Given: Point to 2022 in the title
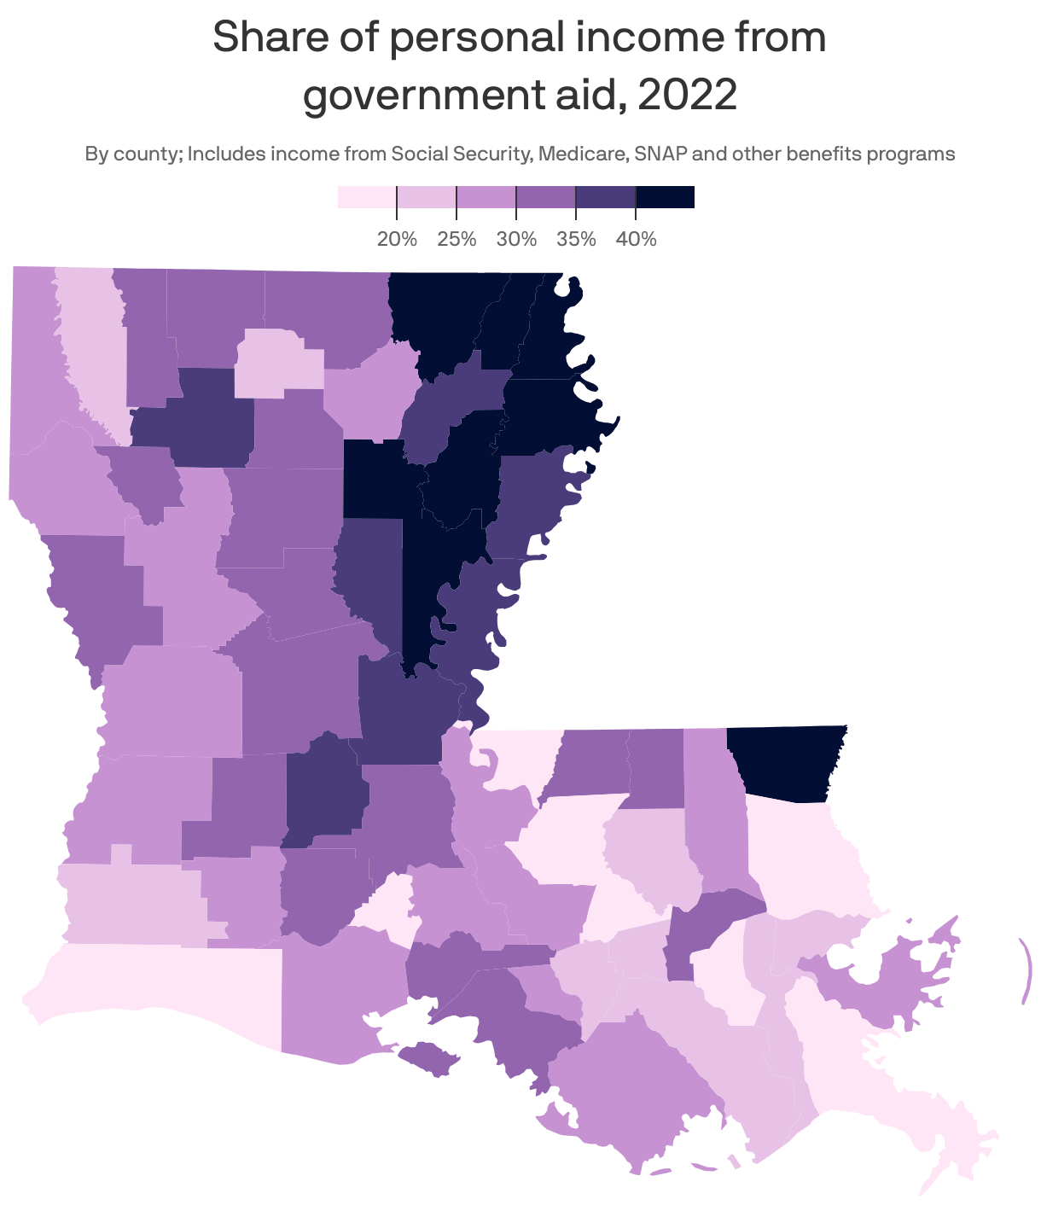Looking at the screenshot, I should click(687, 96).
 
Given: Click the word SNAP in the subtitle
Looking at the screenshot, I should click(661, 154).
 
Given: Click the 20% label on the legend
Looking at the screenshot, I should click(397, 239).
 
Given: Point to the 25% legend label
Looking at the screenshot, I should click(457, 239).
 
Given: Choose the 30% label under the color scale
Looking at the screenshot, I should click(516, 239).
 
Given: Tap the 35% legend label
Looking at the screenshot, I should click(576, 239).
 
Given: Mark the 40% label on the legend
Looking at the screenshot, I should click(636, 239).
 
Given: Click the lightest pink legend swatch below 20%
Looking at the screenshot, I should click(367, 197).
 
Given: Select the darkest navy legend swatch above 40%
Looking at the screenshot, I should click(666, 197).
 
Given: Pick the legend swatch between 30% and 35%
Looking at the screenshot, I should click(546, 197).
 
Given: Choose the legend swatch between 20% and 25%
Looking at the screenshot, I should click(427, 197).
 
